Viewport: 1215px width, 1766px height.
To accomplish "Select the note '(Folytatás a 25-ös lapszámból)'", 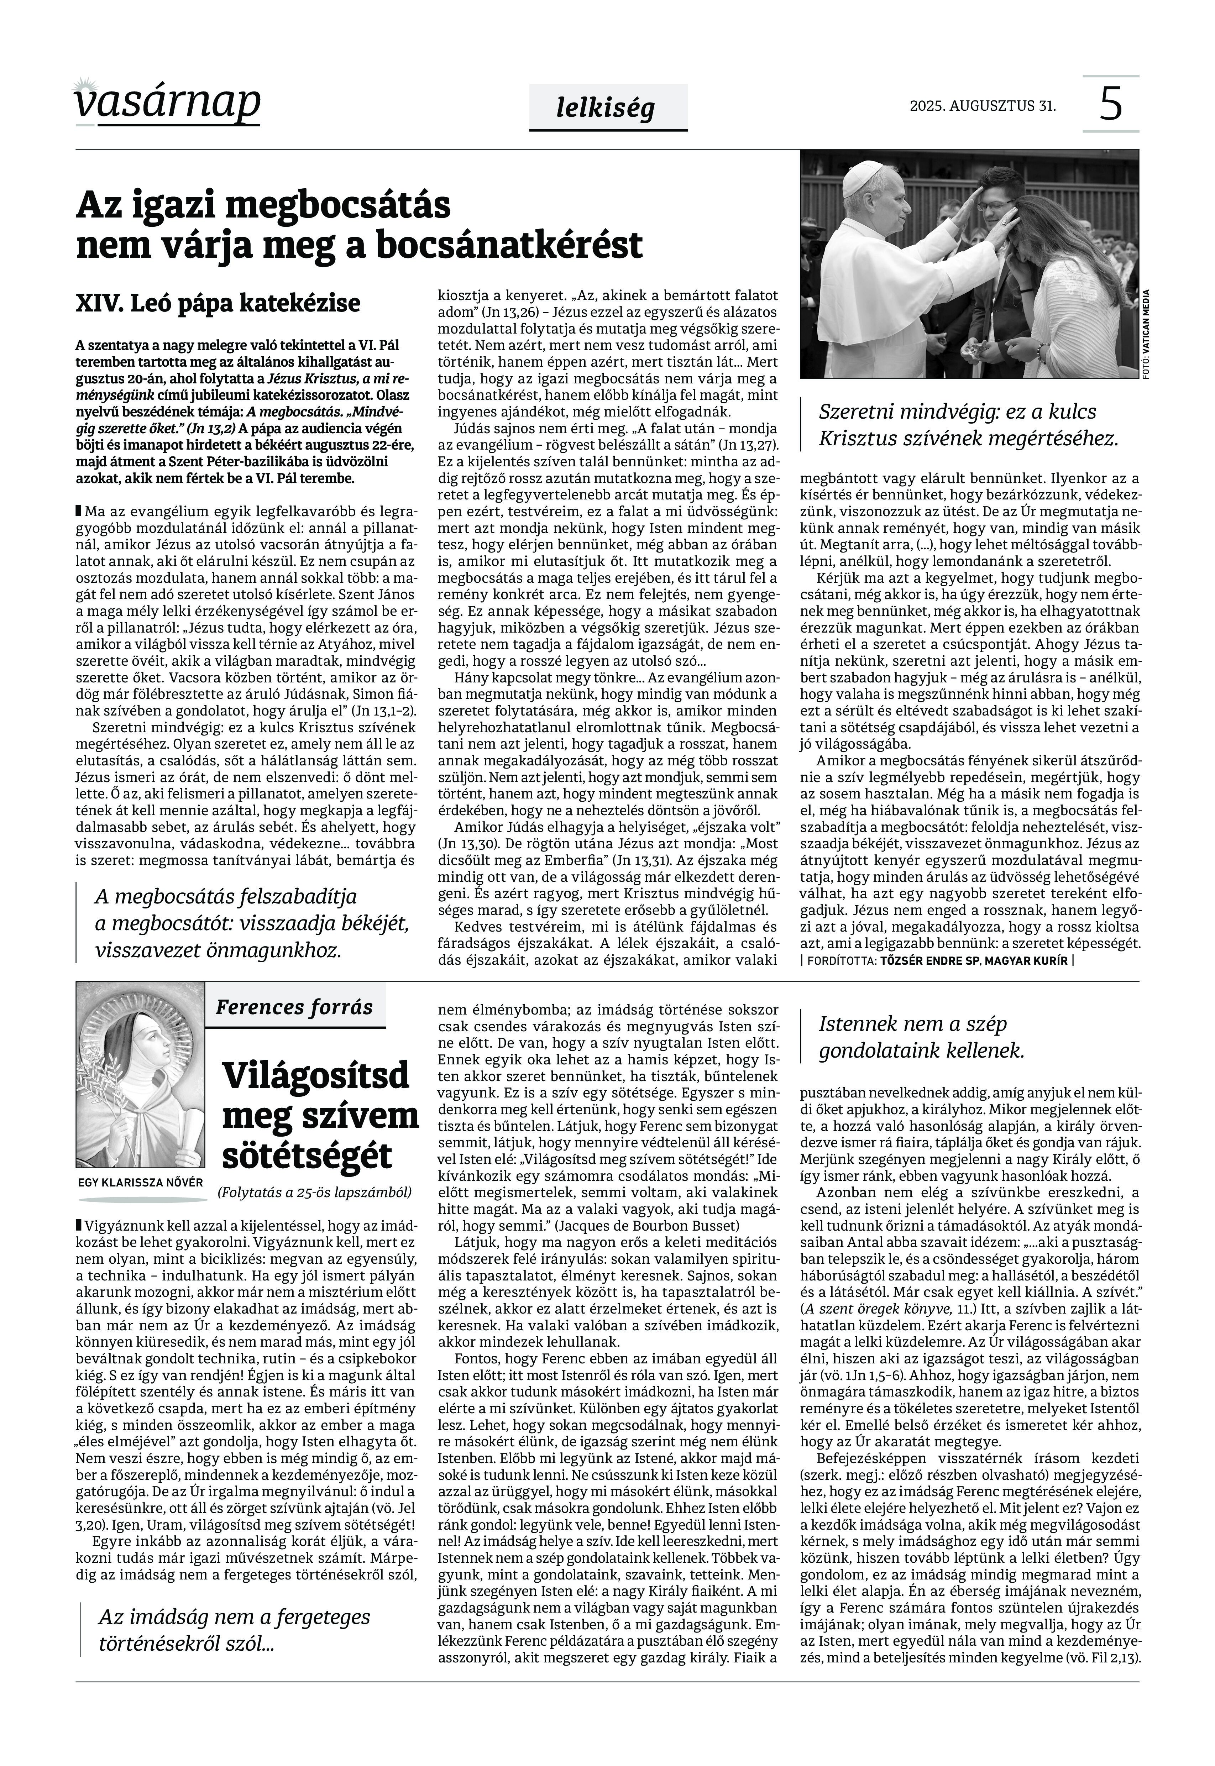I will [x=314, y=1192].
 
